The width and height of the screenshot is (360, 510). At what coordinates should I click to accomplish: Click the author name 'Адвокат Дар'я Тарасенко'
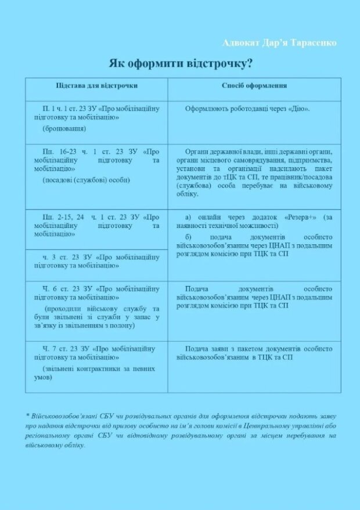279,43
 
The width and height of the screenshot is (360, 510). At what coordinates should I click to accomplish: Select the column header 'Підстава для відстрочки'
96,85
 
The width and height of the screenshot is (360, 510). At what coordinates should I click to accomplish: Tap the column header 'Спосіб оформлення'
254,85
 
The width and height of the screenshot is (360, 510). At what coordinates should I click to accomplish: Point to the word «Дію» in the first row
299,108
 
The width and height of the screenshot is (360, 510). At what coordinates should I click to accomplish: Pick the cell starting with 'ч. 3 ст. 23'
96,261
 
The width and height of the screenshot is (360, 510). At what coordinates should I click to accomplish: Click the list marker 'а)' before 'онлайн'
189,217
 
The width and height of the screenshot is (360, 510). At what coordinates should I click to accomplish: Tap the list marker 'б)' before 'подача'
189,237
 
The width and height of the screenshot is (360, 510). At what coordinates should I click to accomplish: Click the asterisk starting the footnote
27,416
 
